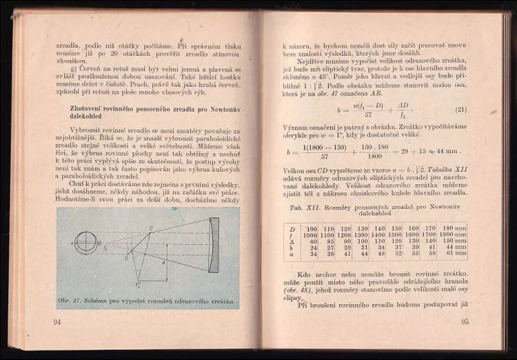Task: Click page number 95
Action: [x=465, y=321]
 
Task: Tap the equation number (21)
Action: [x=461, y=110]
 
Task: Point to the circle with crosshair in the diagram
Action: [x=86, y=242]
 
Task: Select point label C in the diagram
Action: [x=151, y=228]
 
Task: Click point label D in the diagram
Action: [x=127, y=258]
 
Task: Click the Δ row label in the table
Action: [x=292, y=241]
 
